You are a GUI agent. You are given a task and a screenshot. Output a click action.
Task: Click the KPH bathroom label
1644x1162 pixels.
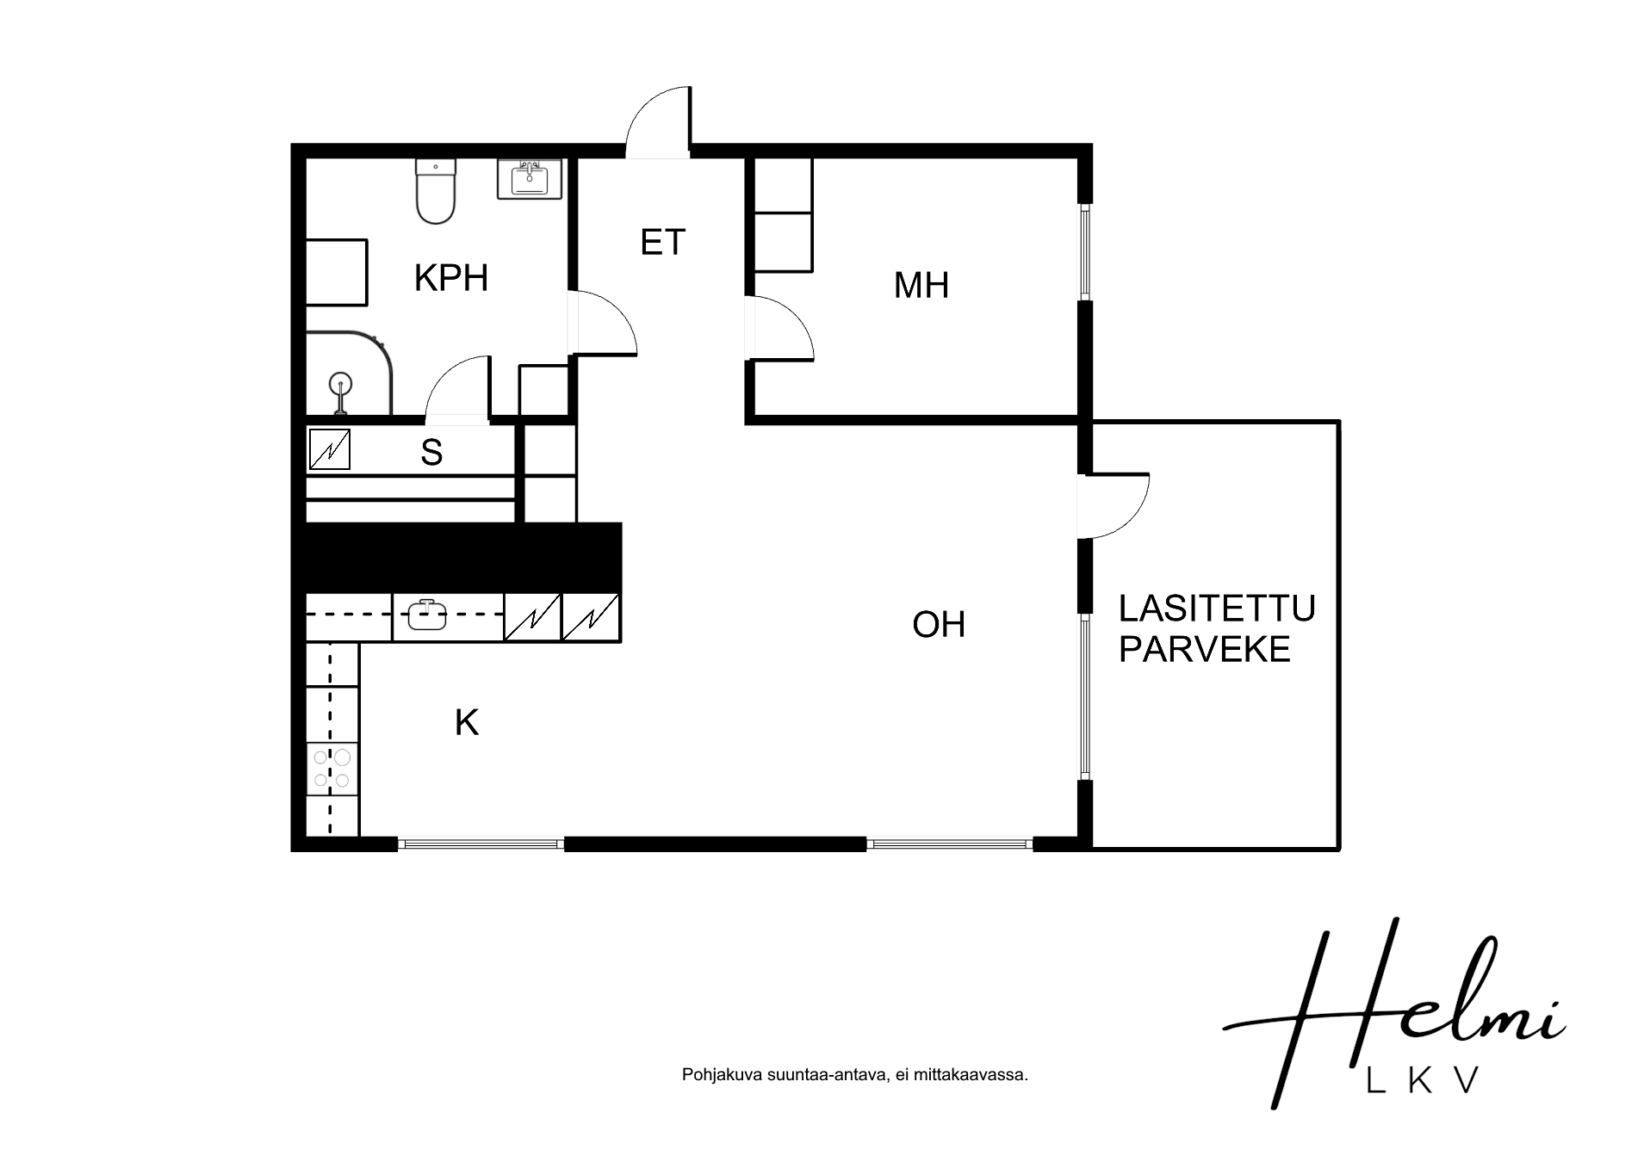[x=451, y=278]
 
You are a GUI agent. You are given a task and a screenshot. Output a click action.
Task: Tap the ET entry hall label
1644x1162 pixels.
[x=662, y=243]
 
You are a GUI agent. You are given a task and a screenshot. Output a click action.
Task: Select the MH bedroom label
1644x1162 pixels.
[x=921, y=285]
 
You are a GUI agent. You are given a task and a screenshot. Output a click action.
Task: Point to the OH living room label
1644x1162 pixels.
[x=939, y=625]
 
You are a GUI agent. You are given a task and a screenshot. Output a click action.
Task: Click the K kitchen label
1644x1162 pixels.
[x=467, y=723]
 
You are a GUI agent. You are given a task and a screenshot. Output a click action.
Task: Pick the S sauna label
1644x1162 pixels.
[x=431, y=453]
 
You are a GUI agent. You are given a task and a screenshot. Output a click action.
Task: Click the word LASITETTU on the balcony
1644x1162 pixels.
[x=1217, y=609]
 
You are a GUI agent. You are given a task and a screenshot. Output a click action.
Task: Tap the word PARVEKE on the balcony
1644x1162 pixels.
[x=1205, y=649]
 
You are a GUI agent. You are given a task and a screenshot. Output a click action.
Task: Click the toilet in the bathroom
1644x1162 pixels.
[x=436, y=191]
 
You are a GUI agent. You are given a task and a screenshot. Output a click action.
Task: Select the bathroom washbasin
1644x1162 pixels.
[x=530, y=180]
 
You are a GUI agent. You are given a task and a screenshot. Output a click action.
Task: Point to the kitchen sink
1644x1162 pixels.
[x=427, y=615]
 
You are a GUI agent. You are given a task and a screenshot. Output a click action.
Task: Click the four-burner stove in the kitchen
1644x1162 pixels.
[x=332, y=769]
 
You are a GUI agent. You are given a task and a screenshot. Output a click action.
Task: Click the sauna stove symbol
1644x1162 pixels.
[x=329, y=449]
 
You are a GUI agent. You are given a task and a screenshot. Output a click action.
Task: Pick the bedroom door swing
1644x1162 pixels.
[x=782, y=327]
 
